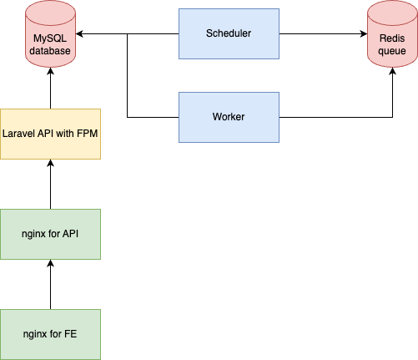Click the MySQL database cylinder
pos(50,33)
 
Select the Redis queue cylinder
pos(392,33)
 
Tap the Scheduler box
pos(229,33)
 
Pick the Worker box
pos(229,117)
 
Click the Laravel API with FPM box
pos(50,134)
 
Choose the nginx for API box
pos(50,234)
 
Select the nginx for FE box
pos(50,334)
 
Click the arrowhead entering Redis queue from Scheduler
pos(364,33)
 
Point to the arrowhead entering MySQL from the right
pos(79,33)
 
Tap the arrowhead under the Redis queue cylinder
pos(392,71)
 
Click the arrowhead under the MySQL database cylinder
pos(50,71)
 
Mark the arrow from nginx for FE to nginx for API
pos(50,284)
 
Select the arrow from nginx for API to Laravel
pos(50,184)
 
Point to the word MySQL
pos(50,38)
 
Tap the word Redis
pos(392,38)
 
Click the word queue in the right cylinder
pos(392,51)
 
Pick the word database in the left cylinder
pos(50,51)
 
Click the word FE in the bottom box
pos(70,334)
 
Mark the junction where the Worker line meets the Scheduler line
pos(128,33)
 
